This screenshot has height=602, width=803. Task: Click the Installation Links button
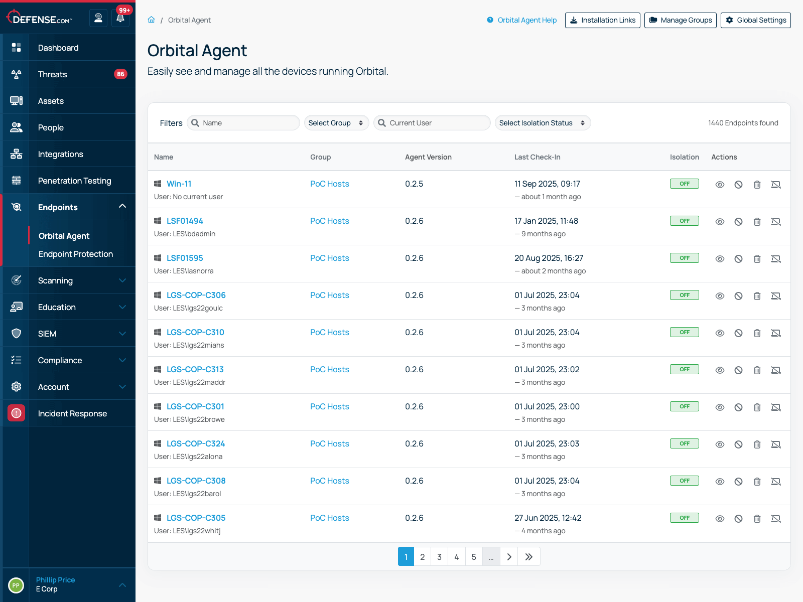click(602, 20)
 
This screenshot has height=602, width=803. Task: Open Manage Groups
click(680, 20)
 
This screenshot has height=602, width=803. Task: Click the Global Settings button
click(755, 20)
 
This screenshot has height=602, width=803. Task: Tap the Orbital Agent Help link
click(526, 20)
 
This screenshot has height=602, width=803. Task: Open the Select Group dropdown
click(336, 123)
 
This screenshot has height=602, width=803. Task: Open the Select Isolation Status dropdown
click(542, 123)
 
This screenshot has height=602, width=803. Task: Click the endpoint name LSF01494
click(185, 221)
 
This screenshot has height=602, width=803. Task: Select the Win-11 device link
click(179, 184)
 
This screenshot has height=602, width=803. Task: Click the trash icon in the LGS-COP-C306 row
click(757, 296)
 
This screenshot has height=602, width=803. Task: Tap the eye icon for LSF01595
click(720, 259)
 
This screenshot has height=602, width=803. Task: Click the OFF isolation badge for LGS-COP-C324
click(684, 443)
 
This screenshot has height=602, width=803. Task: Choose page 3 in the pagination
click(439, 557)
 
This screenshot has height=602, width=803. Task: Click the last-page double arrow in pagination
click(529, 557)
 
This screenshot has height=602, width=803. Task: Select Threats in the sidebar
click(52, 74)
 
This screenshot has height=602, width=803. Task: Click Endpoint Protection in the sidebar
click(76, 254)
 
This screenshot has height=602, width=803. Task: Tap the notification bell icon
click(120, 19)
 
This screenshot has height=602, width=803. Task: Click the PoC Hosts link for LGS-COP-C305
click(329, 518)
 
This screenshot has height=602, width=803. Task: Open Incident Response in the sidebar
click(72, 413)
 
